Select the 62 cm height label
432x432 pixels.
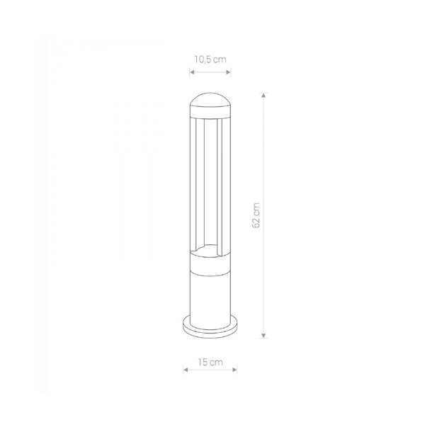[x=256, y=215]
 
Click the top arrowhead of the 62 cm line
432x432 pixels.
[x=263, y=95]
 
